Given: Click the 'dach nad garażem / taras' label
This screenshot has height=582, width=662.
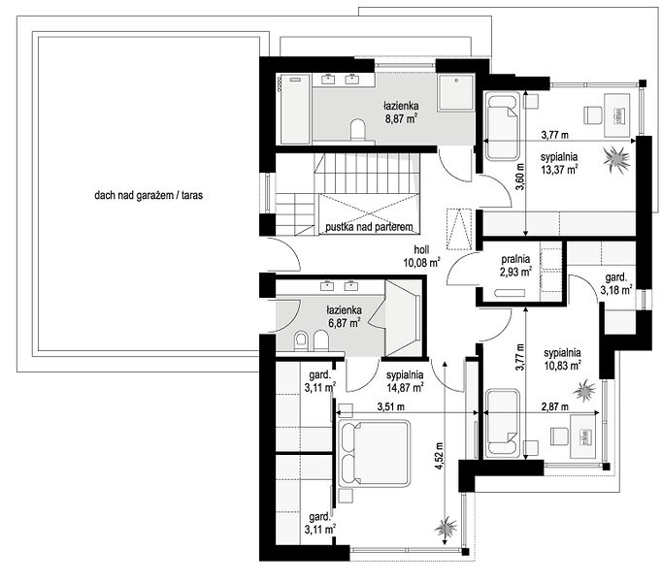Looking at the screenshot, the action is pos(149,195).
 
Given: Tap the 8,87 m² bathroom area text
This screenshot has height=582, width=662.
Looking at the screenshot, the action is pos(401,118).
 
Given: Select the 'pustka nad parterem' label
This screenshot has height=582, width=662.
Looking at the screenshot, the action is pos(369,227).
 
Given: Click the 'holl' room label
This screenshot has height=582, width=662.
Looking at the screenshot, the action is pos(421,249).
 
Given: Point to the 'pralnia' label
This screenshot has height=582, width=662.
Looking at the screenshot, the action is pos(515,259).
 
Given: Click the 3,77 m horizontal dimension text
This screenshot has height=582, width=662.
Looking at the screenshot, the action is pos(555,135).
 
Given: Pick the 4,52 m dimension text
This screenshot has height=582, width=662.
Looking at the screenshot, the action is pos(440,456).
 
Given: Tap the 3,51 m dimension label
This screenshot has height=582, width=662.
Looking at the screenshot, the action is pos(390,406).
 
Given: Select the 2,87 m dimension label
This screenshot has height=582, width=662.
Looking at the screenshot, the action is pos(555,406).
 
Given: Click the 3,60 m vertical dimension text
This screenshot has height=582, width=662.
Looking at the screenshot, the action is pos(520,177).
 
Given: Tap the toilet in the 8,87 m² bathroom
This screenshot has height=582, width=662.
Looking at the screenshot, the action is pos(358,129).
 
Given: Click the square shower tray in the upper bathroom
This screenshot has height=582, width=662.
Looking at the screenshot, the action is pos(456,92).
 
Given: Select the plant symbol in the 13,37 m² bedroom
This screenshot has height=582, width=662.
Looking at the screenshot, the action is pos(617,159).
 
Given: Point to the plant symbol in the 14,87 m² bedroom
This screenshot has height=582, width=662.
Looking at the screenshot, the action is pos(447,527).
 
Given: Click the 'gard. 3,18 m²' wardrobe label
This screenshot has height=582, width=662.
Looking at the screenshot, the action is pos(616,283).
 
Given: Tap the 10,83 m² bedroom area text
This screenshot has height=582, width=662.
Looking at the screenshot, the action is pos(562,365).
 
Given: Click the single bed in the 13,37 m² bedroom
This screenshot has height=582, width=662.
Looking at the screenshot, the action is pos(502,126).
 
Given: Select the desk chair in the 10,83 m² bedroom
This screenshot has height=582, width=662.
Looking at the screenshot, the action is pos(558,436).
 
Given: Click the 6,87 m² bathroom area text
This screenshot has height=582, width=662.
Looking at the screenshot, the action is pos(344,323).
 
